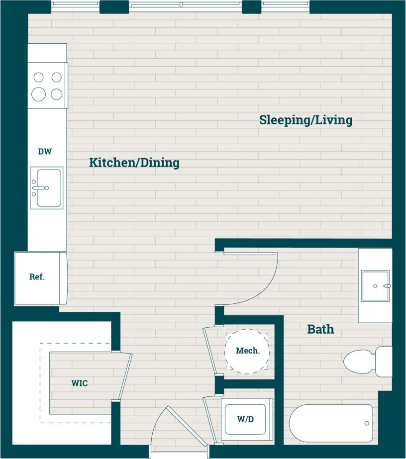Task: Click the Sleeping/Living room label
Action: [x=305, y=120]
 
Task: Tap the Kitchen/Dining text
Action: [x=134, y=163]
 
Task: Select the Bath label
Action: [x=320, y=329]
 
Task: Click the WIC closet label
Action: [x=80, y=383]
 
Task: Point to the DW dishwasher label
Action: [x=45, y=152]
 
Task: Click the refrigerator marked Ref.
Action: [x=40, y=277]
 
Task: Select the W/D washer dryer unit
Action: [x=246, y=419]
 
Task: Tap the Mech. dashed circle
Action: [x=247, y=351]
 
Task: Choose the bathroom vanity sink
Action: [x=375, y=286]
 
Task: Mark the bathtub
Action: [x=331, y=423]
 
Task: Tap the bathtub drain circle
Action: [x=367, y=423]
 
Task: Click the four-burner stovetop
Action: [x=47, y=86]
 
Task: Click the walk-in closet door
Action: [x=124, y=376]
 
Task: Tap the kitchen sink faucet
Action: [x=40, y=188]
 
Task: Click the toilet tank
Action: [x=384, y=362]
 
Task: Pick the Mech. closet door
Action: [x=210, y=351]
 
